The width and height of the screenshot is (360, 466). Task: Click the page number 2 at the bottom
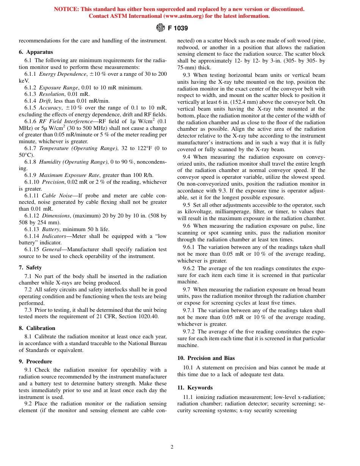tap(172, 447)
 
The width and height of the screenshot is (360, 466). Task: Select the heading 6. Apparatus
tap(36, 52)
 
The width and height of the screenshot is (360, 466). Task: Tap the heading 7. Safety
tap(30, 267)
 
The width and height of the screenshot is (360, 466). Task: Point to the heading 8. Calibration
tap(37, 328)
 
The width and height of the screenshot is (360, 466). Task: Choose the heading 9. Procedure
tap(35, 361)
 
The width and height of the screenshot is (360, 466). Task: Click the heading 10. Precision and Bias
tap(206, 358)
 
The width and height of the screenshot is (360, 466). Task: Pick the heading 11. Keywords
tap(195, 388)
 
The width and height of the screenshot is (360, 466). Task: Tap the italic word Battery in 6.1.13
tap(50, 229)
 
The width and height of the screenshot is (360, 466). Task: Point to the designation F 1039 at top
tap(178, 28)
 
